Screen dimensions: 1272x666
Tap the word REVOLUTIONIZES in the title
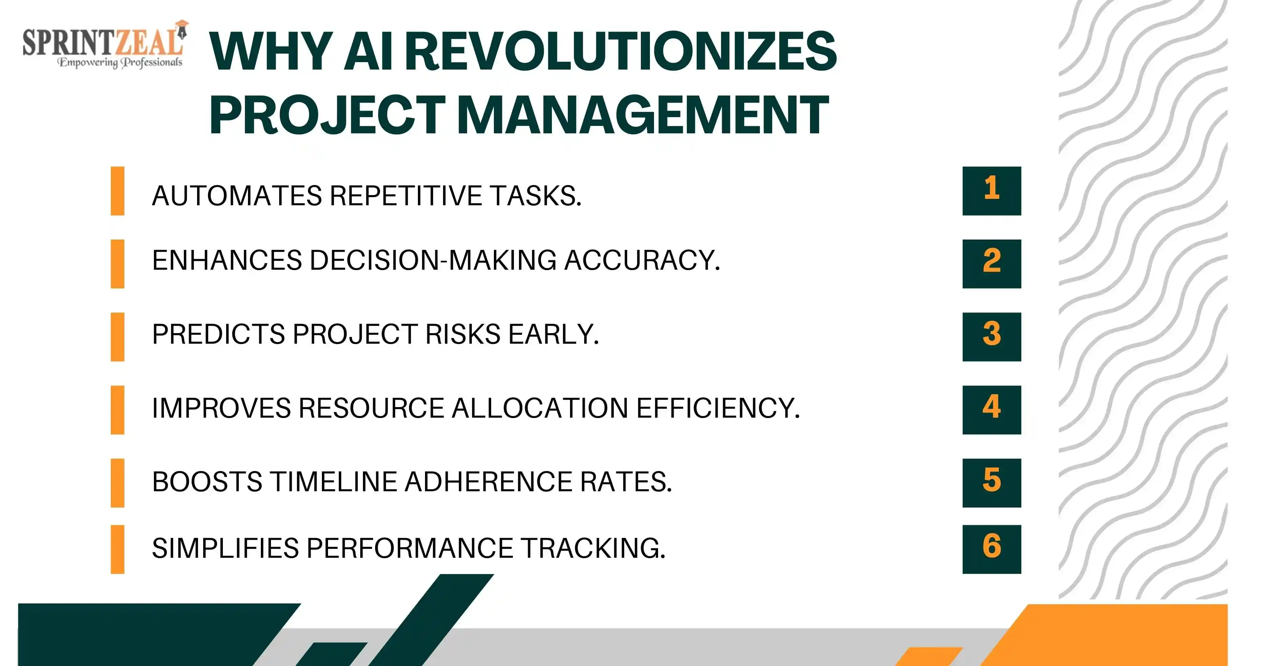623,51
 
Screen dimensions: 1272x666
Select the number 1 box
991,191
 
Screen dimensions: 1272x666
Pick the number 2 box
991,264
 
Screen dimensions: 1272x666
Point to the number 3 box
991,337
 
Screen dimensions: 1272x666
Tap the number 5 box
991,483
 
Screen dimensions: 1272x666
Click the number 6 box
991,549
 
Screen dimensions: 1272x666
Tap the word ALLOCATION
540,408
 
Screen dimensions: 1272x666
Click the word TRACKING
594,548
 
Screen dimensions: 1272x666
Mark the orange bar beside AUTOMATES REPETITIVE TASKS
117,191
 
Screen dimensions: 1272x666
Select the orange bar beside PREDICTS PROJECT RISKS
117,337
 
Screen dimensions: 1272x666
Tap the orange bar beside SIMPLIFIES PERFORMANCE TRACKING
117,549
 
